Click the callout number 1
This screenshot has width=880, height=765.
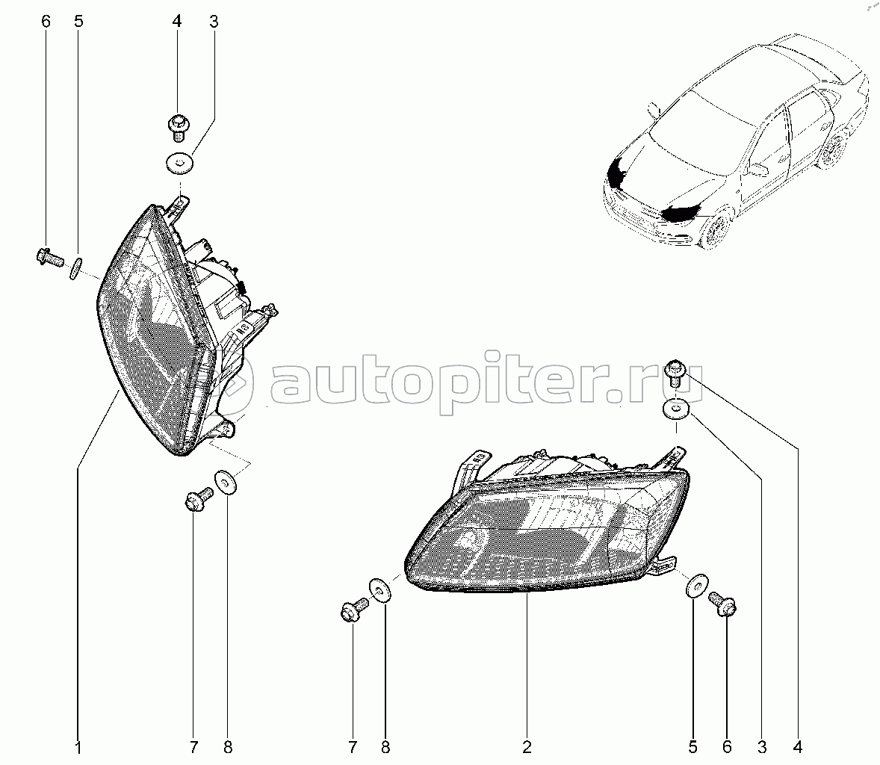click(78, 746)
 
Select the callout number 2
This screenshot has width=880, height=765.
click(527, 746)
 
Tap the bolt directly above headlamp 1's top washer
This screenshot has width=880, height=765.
click(178, 126)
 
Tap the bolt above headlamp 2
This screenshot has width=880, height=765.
click(675, 371)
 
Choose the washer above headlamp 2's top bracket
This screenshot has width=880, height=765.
click(675, 409)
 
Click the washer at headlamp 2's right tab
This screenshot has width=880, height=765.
click(695, 586)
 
